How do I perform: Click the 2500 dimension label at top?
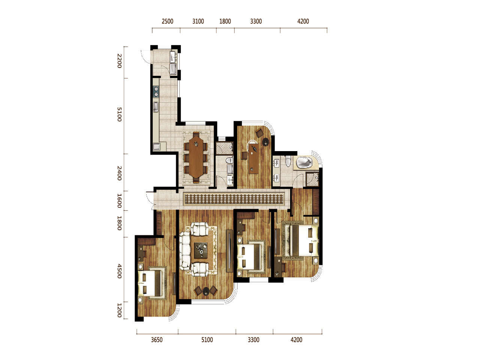167,21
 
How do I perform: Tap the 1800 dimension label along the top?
225,21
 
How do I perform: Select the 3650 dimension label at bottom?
157,340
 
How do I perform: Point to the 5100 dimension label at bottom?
207,340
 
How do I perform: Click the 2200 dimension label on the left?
119,61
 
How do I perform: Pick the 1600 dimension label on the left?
119,201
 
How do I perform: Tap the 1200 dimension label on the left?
119,310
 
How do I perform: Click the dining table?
196,157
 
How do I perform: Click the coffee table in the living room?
201,250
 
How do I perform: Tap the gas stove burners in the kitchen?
156,91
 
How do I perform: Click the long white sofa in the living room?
184,250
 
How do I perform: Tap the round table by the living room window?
206,291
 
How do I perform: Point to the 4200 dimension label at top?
303,21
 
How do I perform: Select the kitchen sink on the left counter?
156,106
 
